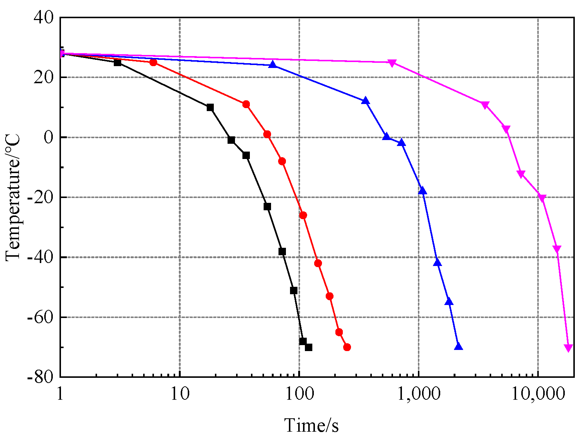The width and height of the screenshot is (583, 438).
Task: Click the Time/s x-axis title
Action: (x=312, y=425)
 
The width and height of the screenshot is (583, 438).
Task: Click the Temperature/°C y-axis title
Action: (x=13, y=197)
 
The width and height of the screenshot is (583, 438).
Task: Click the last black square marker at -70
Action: (x=309, y=347)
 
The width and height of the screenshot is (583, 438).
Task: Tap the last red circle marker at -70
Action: (x=347, y=347)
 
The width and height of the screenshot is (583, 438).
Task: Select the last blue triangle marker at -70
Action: (x=458, y=347)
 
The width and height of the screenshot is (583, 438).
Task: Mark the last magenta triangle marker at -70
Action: (x=568, y=348)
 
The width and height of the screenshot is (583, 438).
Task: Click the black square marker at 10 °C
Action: (x=210, y=107)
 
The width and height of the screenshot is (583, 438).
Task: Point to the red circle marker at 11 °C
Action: (x=246, y=104)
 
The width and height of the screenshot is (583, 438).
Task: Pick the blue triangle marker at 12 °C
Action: (x=365, y=101)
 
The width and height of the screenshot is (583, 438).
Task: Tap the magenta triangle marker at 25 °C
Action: (x=392, y=63)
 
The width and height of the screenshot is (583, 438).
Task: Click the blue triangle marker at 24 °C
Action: (x=273, y=65)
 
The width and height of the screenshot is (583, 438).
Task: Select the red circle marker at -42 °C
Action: (x=318, y=263)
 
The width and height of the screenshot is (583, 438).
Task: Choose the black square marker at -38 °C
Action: (x=282, y=252)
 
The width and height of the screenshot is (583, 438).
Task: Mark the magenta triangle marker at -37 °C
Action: (x=557, y=249)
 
